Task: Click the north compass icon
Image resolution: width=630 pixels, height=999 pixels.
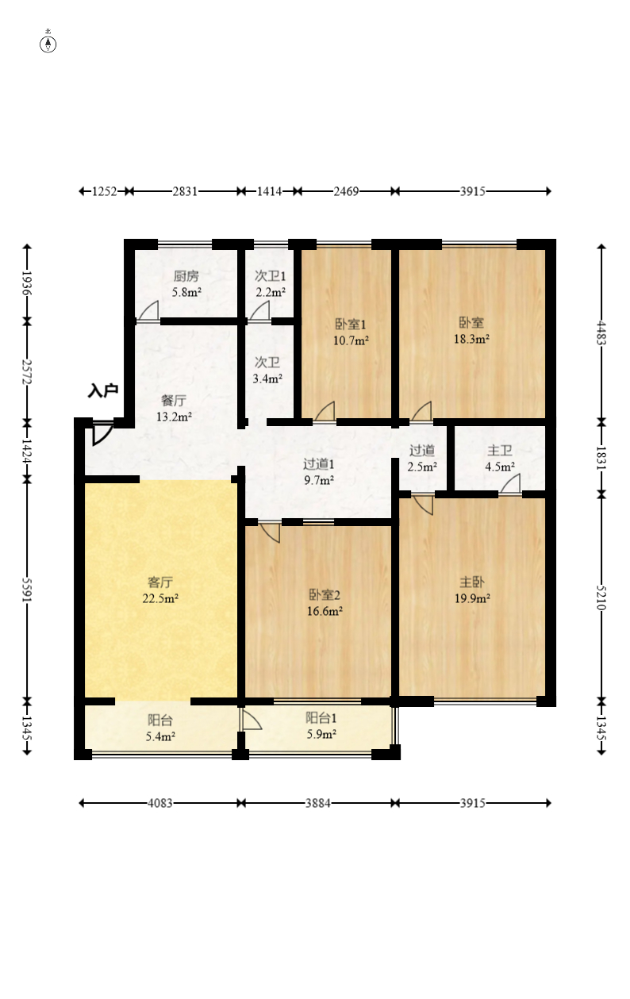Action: (x=48, y=44)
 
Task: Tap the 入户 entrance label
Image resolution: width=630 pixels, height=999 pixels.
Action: (x=103, y=390)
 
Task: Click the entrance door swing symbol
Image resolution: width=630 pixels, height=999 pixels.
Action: (x=102, y=432)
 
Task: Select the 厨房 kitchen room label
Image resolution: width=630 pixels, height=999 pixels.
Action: (x=186, y=276)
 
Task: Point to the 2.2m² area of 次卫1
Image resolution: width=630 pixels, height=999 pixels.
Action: (x=271, y=293)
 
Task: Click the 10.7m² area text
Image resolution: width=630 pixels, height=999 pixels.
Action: (x=351, y=340)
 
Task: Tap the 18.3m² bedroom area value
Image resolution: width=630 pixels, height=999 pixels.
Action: (x=472, y=339)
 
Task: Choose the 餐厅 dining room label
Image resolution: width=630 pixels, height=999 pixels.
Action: (x=174, y=401)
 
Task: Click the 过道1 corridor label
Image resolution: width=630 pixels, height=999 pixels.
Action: (x=319, y=464)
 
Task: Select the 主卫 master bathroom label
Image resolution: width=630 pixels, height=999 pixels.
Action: (x=500, y=451)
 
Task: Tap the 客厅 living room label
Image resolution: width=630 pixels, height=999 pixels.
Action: (x=160, y=582)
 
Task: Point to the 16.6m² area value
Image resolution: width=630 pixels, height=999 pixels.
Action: (x=325, y=611)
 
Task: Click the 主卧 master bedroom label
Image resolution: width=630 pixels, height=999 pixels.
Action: (x=472, y=582)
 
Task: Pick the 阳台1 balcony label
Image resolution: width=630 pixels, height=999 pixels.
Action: (x=321, y=718)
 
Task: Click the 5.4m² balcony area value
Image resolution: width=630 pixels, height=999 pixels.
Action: (x=160, y=737)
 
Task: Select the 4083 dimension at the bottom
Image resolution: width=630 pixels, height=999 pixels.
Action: (x=160, y=803)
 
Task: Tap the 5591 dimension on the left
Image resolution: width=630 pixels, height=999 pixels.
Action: (x=27, y=590)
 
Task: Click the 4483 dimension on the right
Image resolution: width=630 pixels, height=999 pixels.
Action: (x=601, y=332)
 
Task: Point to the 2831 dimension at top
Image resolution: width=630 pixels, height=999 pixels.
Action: (x=185, y=191)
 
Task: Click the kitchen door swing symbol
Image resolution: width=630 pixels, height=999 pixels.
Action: (x=149, y=311)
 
